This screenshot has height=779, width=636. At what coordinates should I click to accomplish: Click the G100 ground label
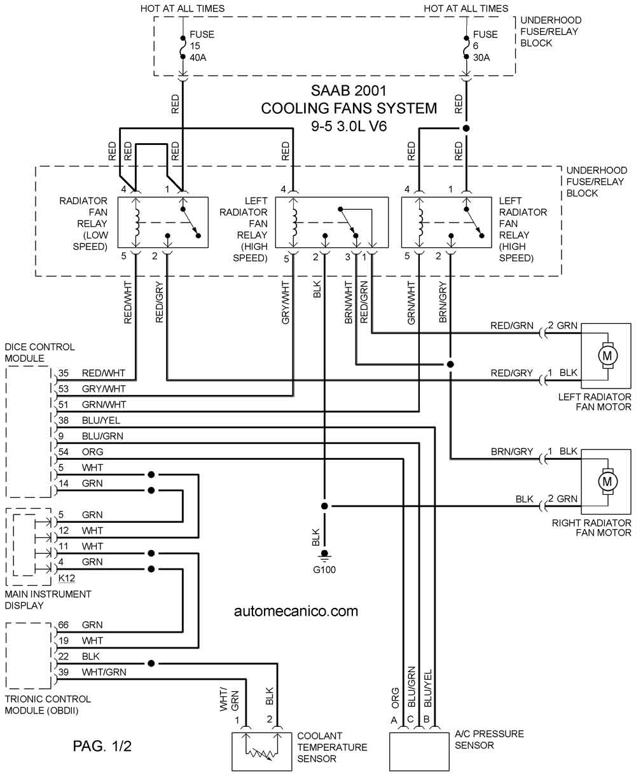tap(324, 570)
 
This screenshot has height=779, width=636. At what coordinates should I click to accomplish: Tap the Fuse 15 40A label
tap(198, 46)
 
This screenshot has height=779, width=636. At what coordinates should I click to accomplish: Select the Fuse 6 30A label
tap(485, 46)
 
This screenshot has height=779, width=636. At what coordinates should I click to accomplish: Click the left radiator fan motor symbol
tap(606, 355)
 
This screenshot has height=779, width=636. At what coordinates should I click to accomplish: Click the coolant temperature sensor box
tap(261, 750)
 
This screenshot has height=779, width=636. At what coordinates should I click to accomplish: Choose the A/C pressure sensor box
tap(417, 750)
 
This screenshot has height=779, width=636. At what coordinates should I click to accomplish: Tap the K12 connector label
tap(66, 579)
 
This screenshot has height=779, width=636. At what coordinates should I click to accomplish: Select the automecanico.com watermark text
tap(296, 611)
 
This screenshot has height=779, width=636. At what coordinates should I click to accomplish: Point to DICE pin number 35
tap(63, 373)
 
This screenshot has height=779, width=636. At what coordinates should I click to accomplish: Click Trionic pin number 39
tap(63, 672)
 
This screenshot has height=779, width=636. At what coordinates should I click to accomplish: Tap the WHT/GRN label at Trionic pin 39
tap(104, 672)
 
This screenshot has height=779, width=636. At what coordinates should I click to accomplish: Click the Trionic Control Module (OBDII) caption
tap(48, 704)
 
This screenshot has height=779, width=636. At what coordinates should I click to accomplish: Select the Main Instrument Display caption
tap(48, 600)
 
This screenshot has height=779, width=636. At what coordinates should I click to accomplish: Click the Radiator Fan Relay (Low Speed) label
tap(83, 224)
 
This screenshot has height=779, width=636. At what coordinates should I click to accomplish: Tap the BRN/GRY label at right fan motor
tap(511, 452)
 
